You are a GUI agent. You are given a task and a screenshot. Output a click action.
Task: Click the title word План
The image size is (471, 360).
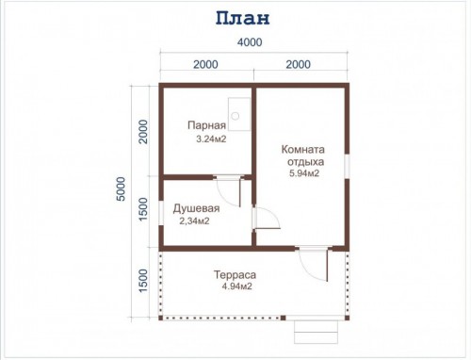pyautogui.click(x=242, y=19)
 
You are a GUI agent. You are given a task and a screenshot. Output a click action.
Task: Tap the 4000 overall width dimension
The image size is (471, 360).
pyautogui.click(x=250, y=42)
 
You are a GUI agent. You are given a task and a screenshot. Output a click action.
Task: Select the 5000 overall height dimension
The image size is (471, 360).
pyautogui.click(x=121, y=188)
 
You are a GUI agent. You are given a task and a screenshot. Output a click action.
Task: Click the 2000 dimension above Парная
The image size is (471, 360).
pyautogui.click(x=205, y=64)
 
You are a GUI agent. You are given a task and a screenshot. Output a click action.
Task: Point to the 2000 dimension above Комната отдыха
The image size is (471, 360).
pyautogui.click(x=299, y=64)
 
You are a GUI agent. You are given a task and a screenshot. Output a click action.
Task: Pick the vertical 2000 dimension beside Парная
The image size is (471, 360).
pyautogui.click(x=143, y=132)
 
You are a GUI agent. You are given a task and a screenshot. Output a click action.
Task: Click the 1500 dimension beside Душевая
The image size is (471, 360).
pyautogui.click(x=143, y=209)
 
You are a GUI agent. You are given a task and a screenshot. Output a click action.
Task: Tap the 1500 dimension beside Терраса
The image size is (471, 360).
pyautogui.click(x=143, y=281)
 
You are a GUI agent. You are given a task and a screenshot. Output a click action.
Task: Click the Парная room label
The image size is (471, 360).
pyautogui.click(x=206, y=125)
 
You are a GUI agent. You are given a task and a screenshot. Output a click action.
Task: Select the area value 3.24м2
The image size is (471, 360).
pyautogui.click(x=211, y=139)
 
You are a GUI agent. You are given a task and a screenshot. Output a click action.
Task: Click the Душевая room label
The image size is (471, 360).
pyautogui.click(x=196, y=208)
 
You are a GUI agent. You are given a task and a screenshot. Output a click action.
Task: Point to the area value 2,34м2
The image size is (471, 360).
pyautogui.click(x=194, y=221)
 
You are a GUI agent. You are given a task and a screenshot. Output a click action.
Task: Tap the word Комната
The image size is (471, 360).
pyautogui.click(x=302, y=149)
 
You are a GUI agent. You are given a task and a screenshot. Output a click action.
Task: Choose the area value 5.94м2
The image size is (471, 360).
pyautogui.click(x=304, y=173)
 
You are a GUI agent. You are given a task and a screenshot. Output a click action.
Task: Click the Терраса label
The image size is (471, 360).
pyautogui.click(x=235, y=275)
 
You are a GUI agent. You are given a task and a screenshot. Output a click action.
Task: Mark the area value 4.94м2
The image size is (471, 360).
pyautogui.click(x=236, y=286)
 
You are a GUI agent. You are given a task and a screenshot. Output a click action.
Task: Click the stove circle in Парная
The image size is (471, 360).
pyautogui.click(x=235, y=116)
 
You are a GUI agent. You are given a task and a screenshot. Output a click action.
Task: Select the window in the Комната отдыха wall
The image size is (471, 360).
pyautogui.click(x=347, y=167)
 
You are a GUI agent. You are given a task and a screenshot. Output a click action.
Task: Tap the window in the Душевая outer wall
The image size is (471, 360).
pyautogui.click(x=161, y=213)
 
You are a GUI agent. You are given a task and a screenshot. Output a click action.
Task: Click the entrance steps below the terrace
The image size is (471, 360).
pyautogui.click(x=317, y=332)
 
